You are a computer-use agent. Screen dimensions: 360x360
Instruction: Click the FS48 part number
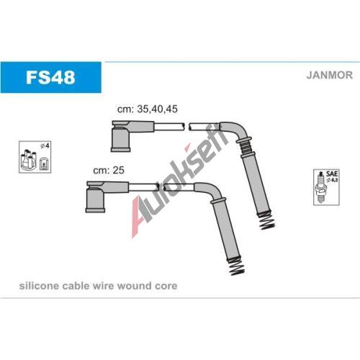click(x=50, y=77)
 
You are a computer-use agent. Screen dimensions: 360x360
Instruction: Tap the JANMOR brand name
click(x=329, y=75)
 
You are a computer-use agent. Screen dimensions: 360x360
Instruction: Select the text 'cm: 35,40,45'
click(x=148, y=109)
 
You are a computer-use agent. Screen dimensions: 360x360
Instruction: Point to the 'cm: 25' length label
click(x=109, y=170)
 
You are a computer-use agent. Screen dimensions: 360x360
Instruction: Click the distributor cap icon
click(x=29, y=160)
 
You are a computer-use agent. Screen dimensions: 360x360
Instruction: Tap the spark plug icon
click(x=320, y=188)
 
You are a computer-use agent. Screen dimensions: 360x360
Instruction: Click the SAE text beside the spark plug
click(x=332, y=174)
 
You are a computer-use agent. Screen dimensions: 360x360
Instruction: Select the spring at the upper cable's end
click(x=266, y=221)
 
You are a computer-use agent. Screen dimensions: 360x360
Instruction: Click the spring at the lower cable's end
click(x=237, y=267)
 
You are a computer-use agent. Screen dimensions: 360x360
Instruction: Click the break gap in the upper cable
click(x=186, y=127)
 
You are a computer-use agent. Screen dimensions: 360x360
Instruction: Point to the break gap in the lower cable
click(x=161, y=187)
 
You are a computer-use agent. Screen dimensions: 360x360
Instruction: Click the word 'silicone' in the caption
click(x=39, y=286)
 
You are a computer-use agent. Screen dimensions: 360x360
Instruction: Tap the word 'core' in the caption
click(x=166, y=286)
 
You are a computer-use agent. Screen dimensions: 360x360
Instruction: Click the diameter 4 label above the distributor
click(x=45, y=145)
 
